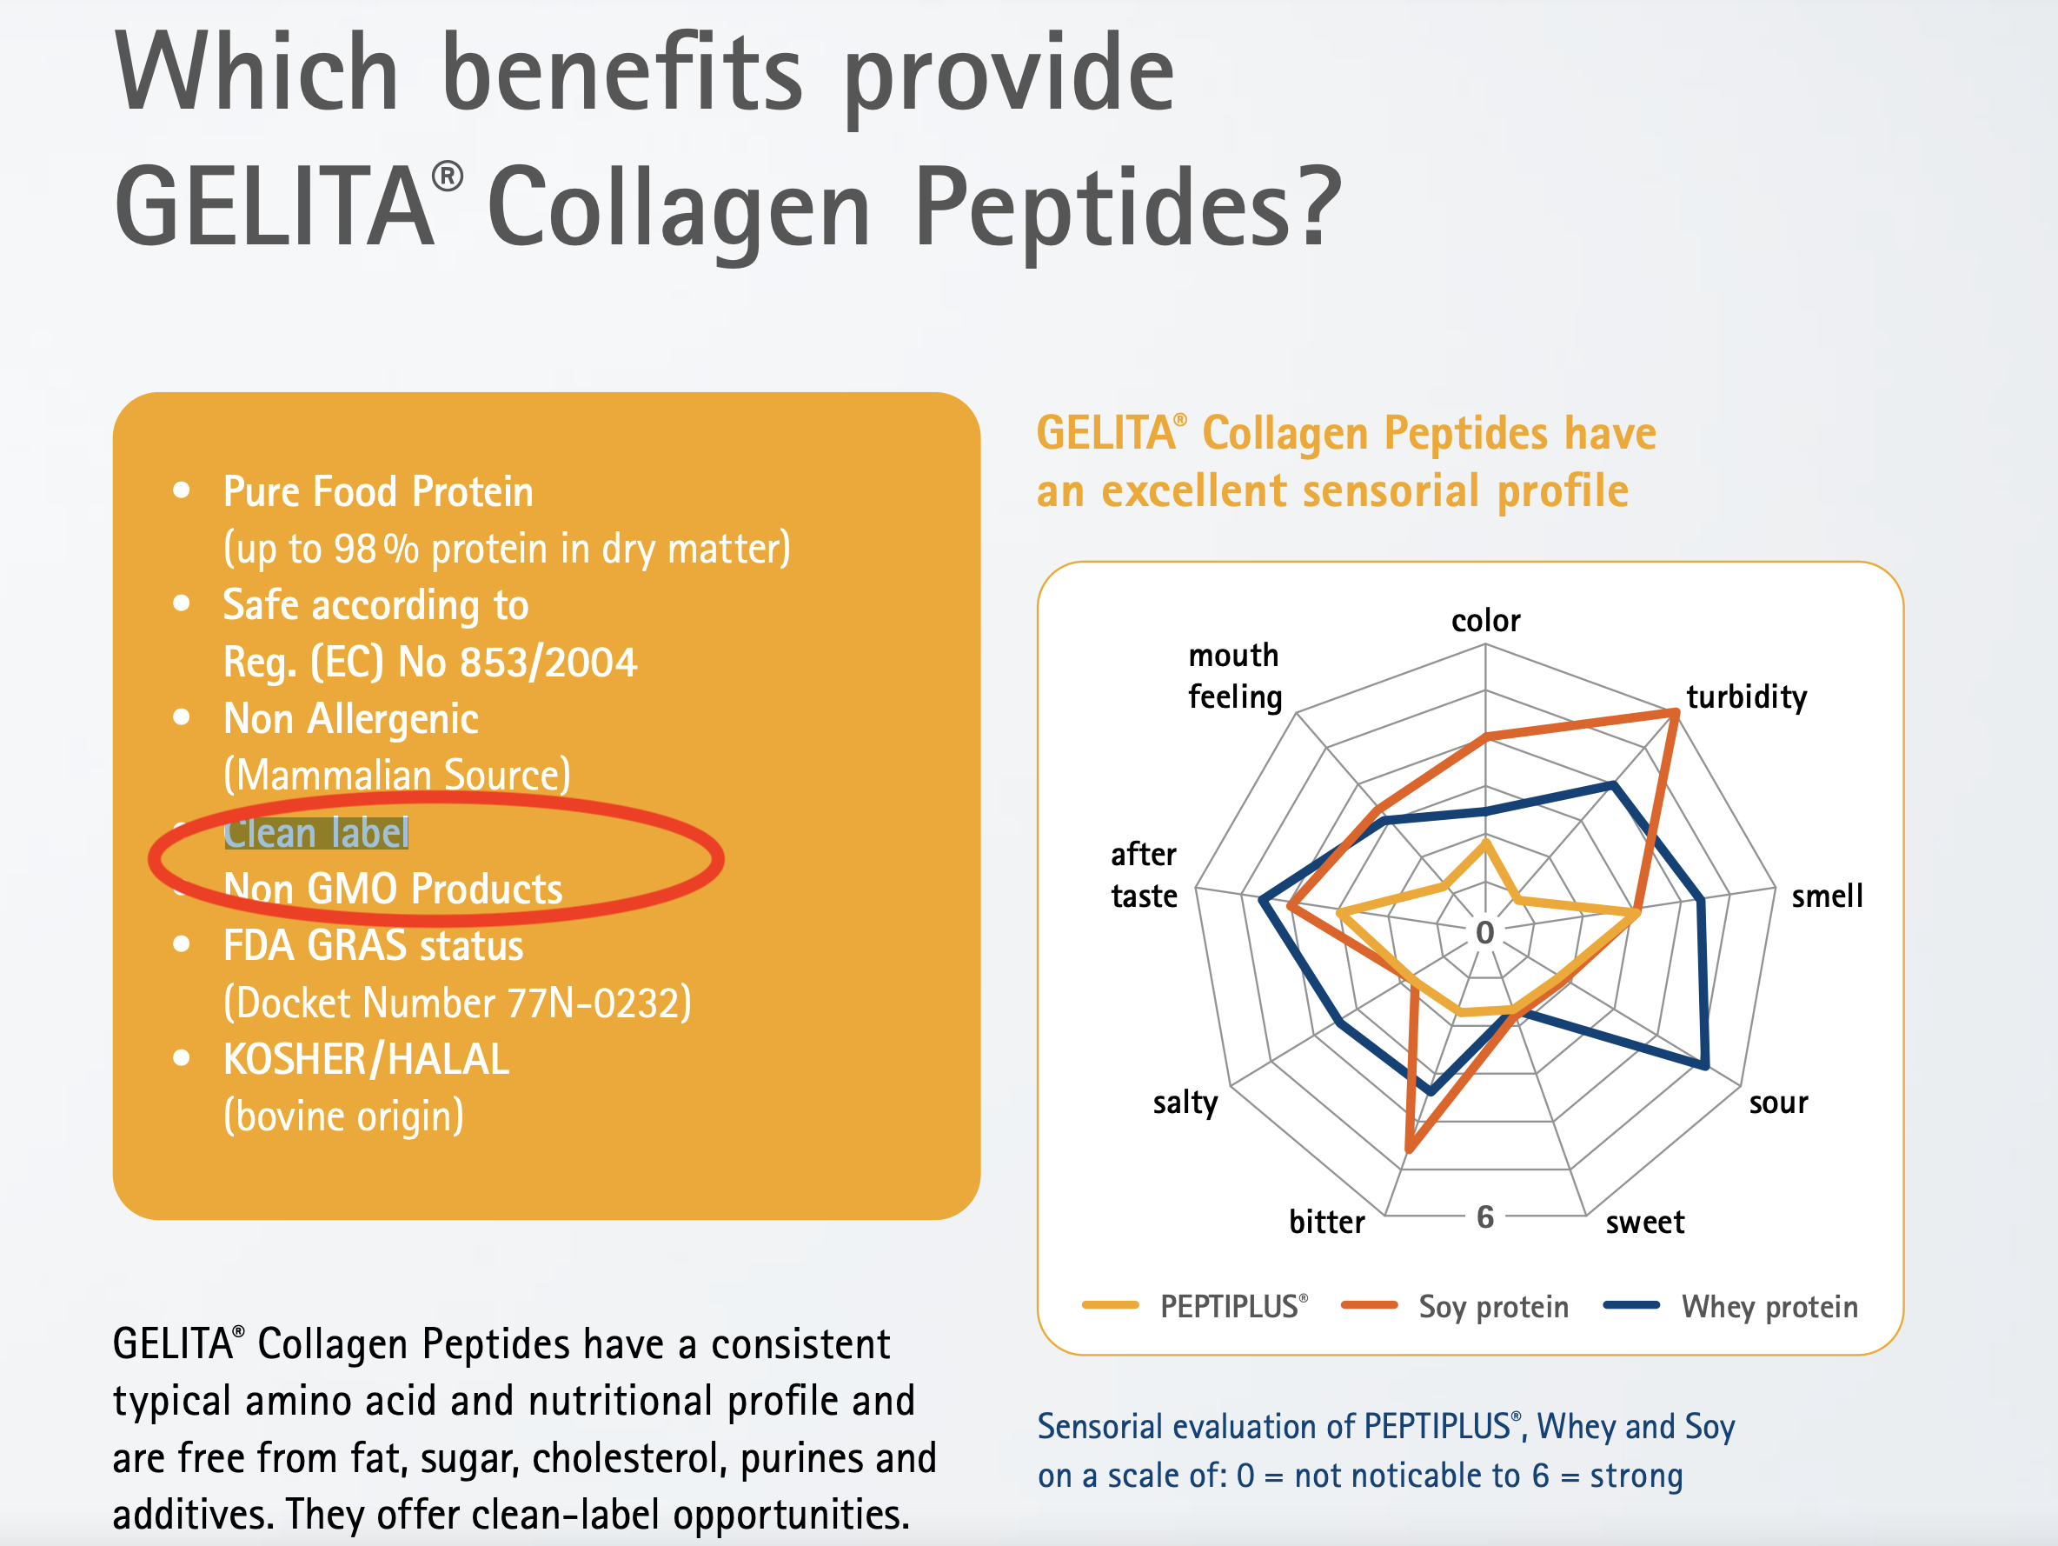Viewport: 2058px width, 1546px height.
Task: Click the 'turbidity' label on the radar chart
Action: (1746, 697)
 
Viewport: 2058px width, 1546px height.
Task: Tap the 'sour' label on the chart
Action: (1778, 1103)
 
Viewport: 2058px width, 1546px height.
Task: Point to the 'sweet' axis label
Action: (1645, 1222)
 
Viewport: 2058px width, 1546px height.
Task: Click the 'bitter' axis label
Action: (1327, 1221)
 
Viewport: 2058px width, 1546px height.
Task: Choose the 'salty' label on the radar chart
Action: (1185, 1103)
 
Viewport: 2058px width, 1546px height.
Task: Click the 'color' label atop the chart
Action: (1486, 621)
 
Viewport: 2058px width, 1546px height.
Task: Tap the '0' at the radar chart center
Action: (1485, 932)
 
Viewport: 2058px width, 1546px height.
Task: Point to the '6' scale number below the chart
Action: (1485, 1216)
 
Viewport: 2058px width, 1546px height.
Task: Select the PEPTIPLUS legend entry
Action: (1196, 1307)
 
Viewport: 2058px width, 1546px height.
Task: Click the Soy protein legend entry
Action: (1454, 1307)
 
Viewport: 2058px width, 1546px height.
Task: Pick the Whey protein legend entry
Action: (1730, 1307)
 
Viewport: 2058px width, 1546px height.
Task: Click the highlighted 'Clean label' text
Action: (316, 832)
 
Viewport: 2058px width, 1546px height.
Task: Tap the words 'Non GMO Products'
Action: (393, 889)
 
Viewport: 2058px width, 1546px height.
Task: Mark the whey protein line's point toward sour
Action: (1705, 1065)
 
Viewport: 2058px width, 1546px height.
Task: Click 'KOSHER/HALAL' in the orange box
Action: (366, 1059)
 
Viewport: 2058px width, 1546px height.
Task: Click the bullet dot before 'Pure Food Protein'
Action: (182, 490)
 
